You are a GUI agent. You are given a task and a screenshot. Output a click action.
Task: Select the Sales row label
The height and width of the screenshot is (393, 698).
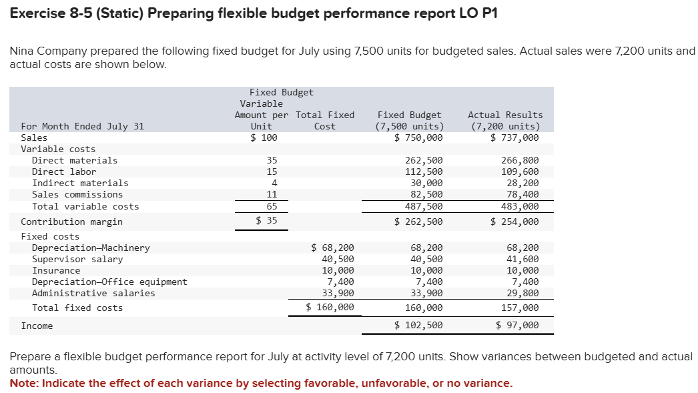[34, 138]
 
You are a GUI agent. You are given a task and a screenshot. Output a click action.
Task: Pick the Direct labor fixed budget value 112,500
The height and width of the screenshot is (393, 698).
[424, 171]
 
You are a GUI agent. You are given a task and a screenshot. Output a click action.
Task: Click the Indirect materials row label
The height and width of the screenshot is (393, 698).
[80, 183]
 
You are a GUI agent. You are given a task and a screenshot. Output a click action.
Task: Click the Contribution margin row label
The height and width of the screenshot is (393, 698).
[71, 222]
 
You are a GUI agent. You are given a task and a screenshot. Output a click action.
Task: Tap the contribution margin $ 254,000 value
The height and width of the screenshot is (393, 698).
[514, 222]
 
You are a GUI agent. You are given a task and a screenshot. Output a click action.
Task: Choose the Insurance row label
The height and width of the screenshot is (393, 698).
[56, 270]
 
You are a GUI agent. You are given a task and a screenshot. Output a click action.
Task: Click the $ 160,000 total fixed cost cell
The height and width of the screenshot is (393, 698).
[330, 308]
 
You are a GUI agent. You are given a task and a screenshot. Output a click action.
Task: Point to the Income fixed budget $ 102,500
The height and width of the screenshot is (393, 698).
[418, 326]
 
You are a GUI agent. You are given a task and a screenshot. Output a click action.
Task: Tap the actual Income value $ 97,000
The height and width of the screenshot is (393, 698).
[517, 326]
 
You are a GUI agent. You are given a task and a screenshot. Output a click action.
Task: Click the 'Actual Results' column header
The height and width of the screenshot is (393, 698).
[505, 115]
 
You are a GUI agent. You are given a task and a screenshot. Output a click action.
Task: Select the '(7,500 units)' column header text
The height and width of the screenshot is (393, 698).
[409, 126]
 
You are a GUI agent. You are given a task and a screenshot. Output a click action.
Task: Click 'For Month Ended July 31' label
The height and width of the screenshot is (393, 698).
[82, 126]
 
